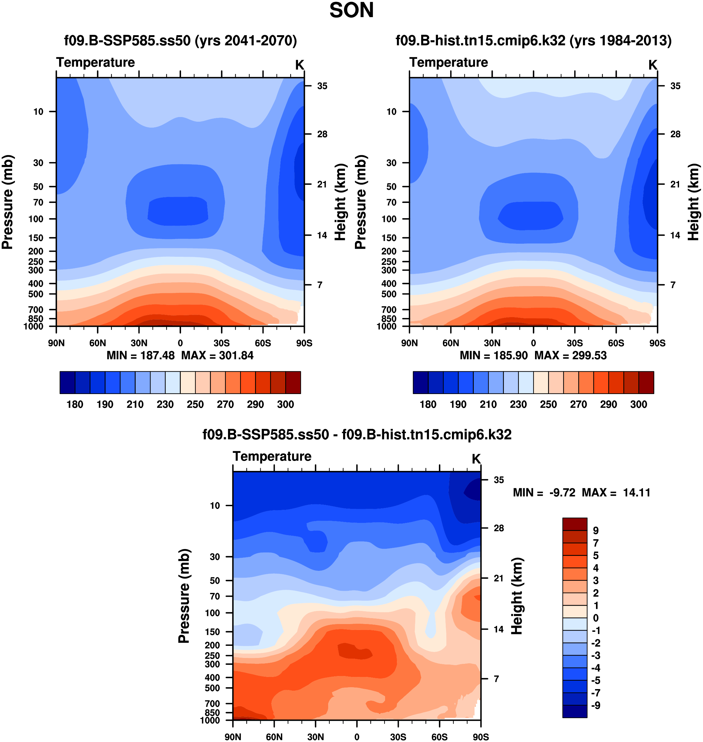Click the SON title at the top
pyautogui.click(x=351, y=11)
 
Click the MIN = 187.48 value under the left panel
pyautogui.click(x=141, y=355)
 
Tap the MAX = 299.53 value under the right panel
pyautogui.click(x=570, y=355)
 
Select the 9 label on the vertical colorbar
pyautogui.click(x=595, y=531)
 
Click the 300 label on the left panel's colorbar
pyautogui.click(x=285, y=404)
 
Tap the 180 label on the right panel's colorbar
pyautogui.click(x=428, y=404)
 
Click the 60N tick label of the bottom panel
pyautogui.click(x=274, y=737)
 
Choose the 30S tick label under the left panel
pyautogui.click(x=221, y=343)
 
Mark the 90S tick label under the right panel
pyautogui.click(x=657, y=343)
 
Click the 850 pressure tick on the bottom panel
pyautogui.click(x=212, y=712)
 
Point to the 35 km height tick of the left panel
pyautogui.click(x=322, y=86)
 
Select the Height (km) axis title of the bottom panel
pyautogui.click(x=517, y=596)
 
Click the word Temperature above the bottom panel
pyautogui.click(x=272, y=456)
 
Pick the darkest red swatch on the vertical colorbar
pyautogui.click(x=575, y=524)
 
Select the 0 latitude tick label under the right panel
pyautogui.click(x=533, y=343)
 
